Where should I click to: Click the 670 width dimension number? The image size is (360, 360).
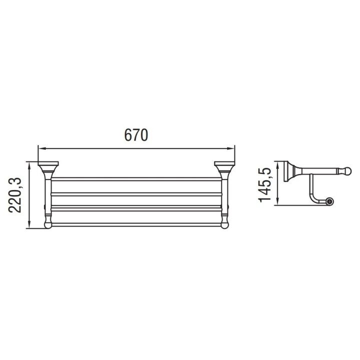[x=136, y=135]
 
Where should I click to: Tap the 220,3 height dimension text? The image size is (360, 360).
[x=15, y=195]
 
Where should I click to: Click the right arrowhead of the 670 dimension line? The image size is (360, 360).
[x=230, y=148]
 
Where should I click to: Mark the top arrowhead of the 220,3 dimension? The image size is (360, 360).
[x=29, y=166]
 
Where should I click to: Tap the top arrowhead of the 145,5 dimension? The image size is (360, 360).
[x=277, y=166]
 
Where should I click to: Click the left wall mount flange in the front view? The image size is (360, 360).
[x=48, y=163]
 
